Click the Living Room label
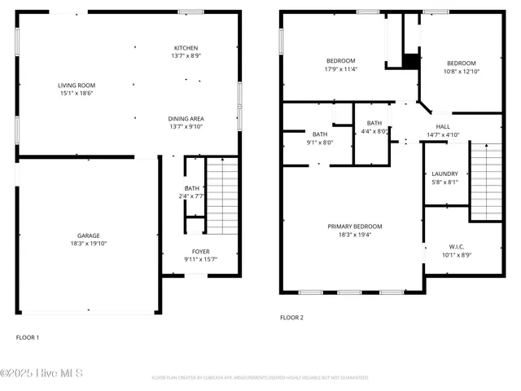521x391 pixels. (76, 86)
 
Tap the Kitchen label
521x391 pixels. (186, 48)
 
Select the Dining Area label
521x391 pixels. (186, 118)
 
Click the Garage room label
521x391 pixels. (88, 235)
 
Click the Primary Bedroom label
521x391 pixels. (354, 226)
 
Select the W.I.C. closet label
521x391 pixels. (455, 246)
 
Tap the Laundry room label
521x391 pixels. (444, 174)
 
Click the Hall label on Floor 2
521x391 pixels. (443, 126)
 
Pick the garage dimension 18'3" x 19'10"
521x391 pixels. (88, 244)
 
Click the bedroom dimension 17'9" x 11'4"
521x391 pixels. (341, 69)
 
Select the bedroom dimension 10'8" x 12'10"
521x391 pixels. (461, 72)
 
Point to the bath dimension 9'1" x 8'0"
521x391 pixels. (319, 142)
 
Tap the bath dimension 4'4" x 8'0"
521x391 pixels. (374, 130)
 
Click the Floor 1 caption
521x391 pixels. (28, 337)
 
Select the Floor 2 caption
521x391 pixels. (291, 317)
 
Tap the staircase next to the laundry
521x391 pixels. (486, 181)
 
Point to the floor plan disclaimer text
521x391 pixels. (260, 378)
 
